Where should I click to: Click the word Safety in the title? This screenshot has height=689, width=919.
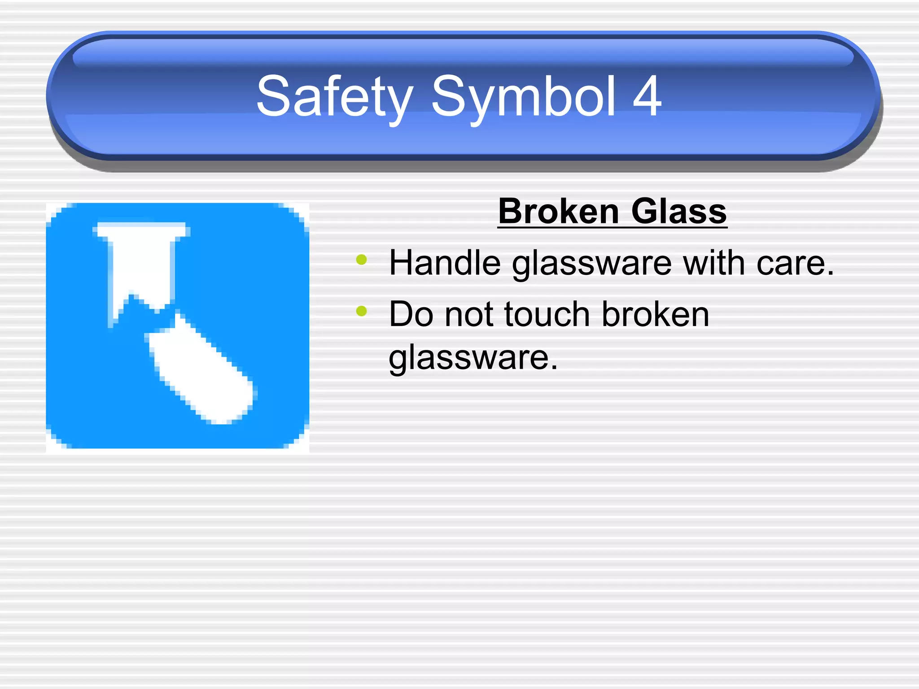tap(334, 96)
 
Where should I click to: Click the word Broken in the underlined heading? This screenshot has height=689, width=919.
tap(559, 211)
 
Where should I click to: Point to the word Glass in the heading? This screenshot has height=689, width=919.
tap(678, 211)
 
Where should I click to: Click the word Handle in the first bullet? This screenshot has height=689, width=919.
tap(445, 263)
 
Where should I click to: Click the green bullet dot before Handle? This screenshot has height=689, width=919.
tap(361, 260)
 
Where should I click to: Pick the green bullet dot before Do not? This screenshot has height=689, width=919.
tap(361, 311)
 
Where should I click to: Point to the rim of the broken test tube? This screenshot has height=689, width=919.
tap(141, 229)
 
